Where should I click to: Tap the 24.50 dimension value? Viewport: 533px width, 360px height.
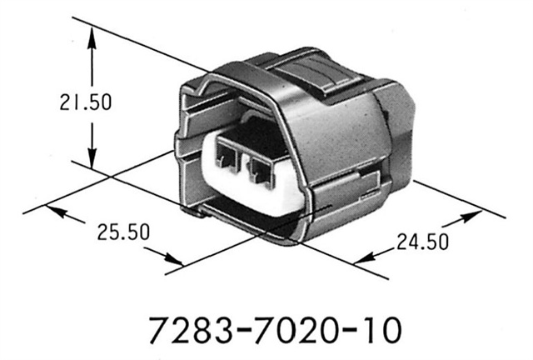(421, 243)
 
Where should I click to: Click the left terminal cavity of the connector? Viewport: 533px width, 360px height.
(226, 156)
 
